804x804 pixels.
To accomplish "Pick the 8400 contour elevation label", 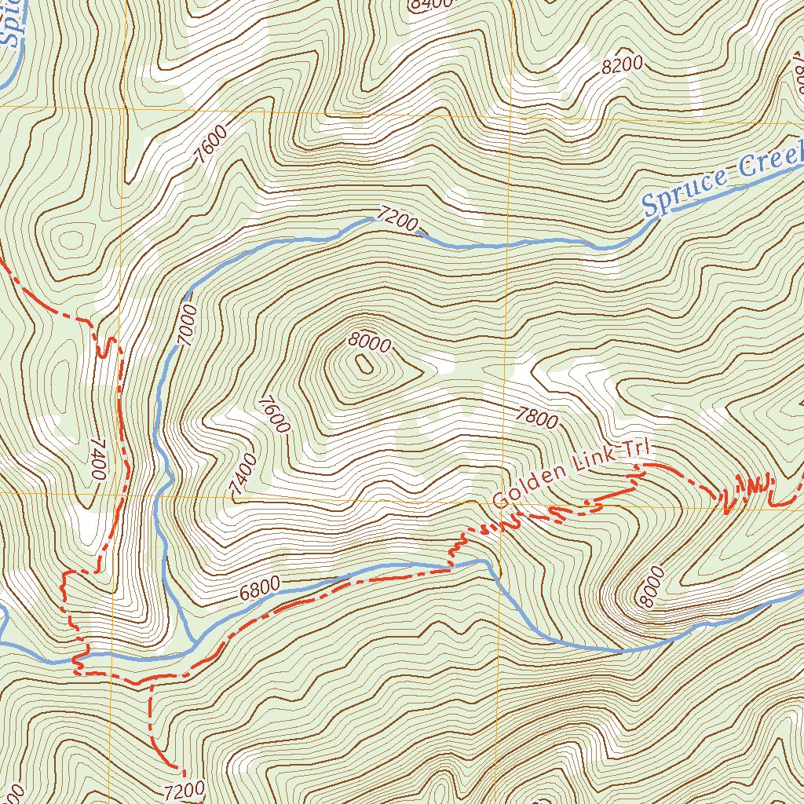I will click(x=431, y=4).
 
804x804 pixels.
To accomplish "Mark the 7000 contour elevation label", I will click(x=187, y=323).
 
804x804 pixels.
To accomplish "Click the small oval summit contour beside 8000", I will click(x=364, y=364).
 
